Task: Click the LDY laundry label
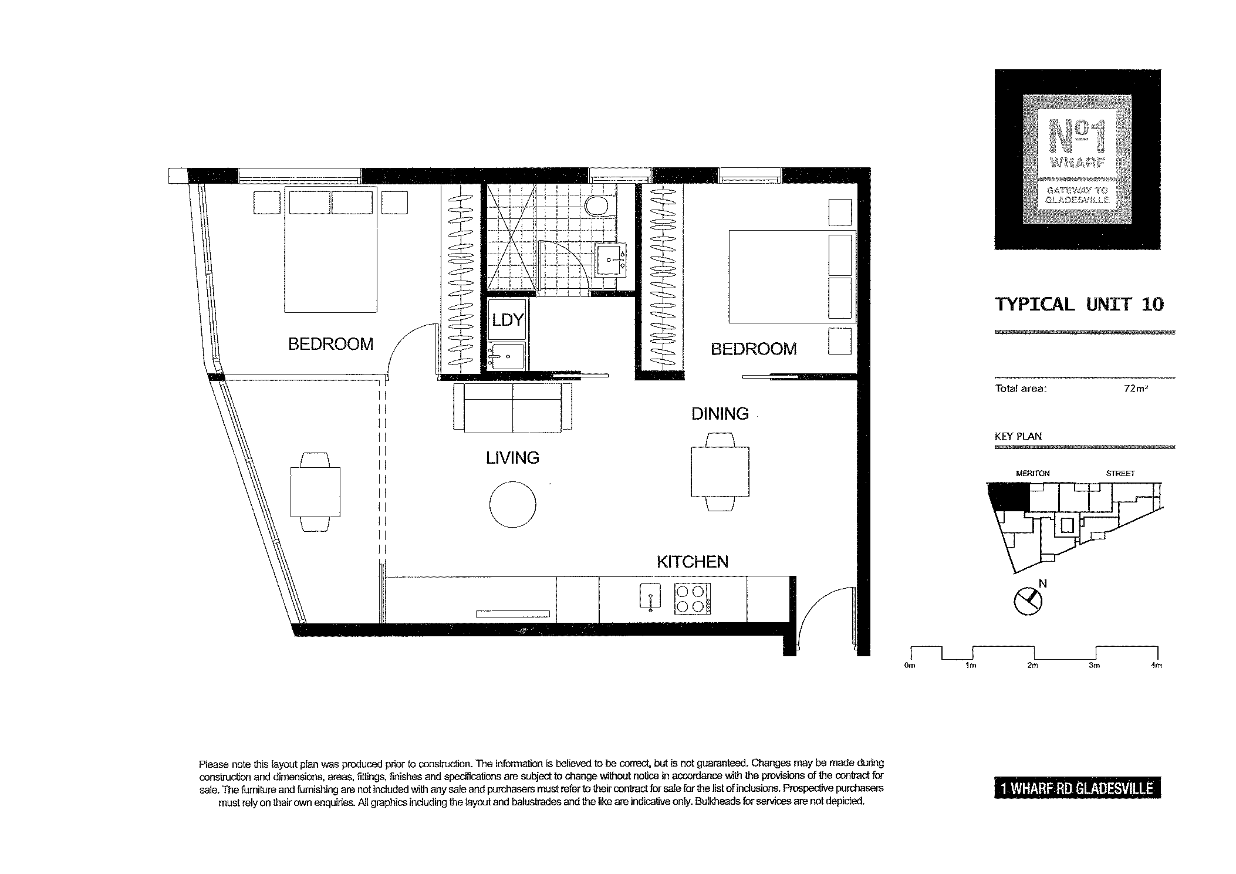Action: point(508,320)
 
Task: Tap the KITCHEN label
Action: point(693,562)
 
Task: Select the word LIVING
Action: point(512,458)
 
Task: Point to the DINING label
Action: point(720,414)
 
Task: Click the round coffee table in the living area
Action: point(513,504)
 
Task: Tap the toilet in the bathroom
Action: point(598,207)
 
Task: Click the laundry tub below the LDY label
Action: point(506,356)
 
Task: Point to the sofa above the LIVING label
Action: point(513,408)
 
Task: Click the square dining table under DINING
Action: point(720,472)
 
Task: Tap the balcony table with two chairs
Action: point(316,492)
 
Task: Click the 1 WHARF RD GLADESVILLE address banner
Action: point(1078,788)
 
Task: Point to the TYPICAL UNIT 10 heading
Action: point(1079,304)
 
